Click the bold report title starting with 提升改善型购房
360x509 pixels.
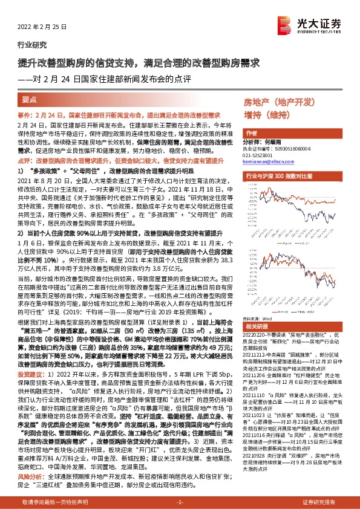(139, 62)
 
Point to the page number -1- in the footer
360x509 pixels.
(179, 502)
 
